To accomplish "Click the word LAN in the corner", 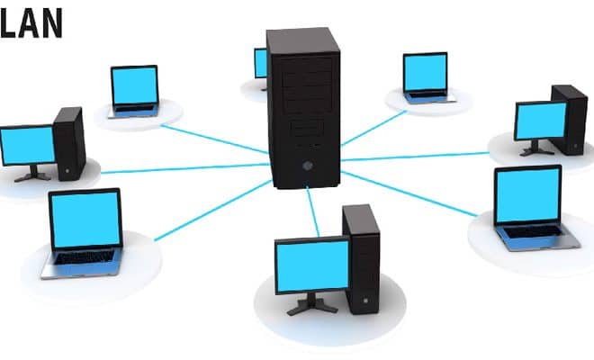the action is [31, 23].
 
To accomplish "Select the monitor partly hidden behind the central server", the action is [261, 64].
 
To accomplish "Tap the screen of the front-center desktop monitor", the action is [312, 265].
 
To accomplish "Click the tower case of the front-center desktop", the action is [362, 259].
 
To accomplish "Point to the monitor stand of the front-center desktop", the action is [312, 304].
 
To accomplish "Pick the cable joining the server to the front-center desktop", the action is [313, 211].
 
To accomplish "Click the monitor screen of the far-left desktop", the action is [28, 146].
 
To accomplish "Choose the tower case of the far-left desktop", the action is [69, 144].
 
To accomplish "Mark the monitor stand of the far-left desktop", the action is [33, 175].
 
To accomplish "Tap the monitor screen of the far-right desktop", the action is [541, 121].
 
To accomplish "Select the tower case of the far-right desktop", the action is [569, 120].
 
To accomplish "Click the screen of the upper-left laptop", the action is [135, 85].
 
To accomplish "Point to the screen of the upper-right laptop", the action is [425, 72].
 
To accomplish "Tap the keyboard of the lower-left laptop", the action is [85, 257].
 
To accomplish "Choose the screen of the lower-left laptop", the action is [85, 219].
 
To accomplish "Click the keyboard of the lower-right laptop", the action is [533, 230].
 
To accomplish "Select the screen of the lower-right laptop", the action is [527, 194].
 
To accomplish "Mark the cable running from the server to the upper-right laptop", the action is [373, 128].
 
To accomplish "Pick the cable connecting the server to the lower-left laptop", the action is [213, 211].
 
